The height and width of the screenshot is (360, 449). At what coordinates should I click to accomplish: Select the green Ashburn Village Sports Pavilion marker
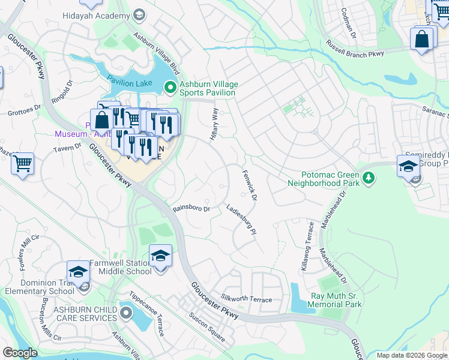coord(170,88)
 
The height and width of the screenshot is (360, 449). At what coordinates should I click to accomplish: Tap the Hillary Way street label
coord(214,125)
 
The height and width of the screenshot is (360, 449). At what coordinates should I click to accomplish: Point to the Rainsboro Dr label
coord(191,209)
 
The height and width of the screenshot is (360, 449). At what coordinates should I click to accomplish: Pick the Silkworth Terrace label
coord(246,299)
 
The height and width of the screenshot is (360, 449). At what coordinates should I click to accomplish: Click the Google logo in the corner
coord(20,353)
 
